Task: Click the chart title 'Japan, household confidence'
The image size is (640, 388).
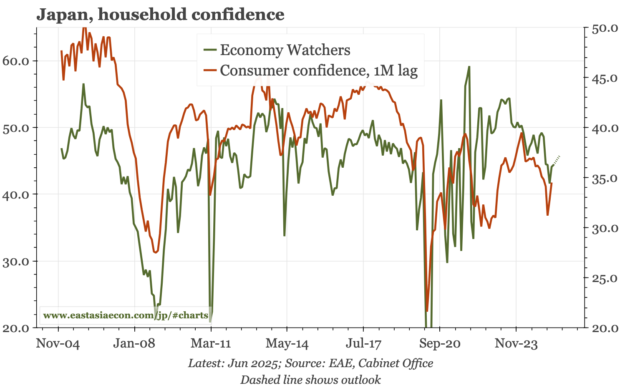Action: tap(160, 15)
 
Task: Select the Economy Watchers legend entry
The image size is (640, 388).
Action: tap(285, 50)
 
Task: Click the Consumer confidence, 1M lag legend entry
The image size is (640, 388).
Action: tap(318, 71)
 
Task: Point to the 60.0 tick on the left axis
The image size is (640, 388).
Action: tap(15, 61)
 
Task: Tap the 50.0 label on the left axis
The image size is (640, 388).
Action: tap(15, 128)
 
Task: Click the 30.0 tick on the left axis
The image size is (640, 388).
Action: tap(15, 262)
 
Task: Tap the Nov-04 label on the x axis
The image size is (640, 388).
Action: tap(58, 343)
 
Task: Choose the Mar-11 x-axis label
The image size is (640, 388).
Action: tap(211, 343)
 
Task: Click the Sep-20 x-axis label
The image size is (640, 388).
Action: tap(440, 343)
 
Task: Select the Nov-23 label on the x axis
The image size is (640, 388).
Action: tap(516, 343)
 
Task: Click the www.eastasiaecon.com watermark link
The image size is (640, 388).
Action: tap(126, 315)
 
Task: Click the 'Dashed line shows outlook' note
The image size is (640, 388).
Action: tap(310, 380)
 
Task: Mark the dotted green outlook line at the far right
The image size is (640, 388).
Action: tap(557, 160)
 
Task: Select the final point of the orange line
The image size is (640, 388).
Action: tap(552, 184)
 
